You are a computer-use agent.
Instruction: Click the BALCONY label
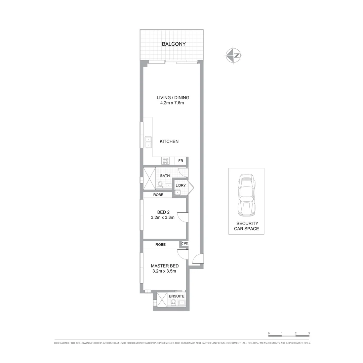click(x=173, y=44)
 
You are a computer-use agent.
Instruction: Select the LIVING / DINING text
click(x=173, y=98)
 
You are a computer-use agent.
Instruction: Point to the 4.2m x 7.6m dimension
click(x=172, y=103)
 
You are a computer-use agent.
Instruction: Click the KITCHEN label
click(x=169, y=142)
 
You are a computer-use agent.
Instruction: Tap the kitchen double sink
click(x=148, y=142)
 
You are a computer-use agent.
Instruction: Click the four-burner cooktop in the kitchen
click(x=165, y=161)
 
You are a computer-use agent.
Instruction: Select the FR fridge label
click(x=180, y=161)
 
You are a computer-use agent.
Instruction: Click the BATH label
click(x=165, y=176)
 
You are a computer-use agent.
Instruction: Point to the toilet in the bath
click(x=160, y=185)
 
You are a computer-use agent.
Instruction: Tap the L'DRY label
click(x=181, y=186)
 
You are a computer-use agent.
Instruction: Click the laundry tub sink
click(x=177, y=193)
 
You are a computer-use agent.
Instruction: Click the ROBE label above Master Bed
click(x=160, y=245)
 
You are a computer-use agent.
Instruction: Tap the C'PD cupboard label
click(x=185, y=244)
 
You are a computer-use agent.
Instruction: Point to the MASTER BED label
click(x=165, y=266)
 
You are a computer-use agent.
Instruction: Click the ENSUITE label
click(x=176, y=296)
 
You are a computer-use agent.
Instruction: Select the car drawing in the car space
click(x=246, y=195)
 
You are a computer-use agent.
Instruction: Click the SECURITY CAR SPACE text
click(x=247, y=226)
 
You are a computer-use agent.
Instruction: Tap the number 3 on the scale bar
click(x=309, y=333)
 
